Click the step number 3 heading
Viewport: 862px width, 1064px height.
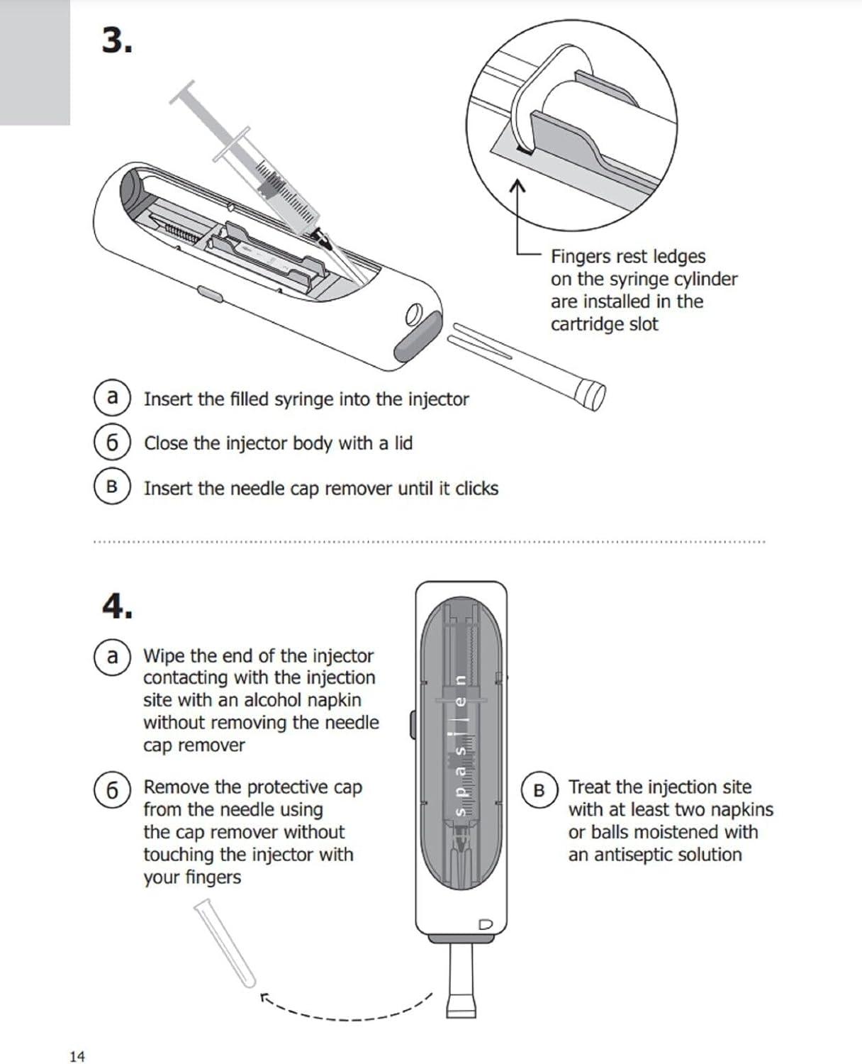click(x=116, y=41)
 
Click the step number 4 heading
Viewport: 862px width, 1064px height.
click(x=116, y=606)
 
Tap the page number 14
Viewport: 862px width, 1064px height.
click(x=77, y=1056)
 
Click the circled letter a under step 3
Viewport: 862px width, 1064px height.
click(x=111, y=397)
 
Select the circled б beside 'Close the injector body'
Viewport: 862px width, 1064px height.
click(x=111, y=443)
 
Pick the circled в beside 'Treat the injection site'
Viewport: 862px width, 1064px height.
click(x=539, y=789)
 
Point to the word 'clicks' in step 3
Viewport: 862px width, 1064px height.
click(x=476, y=489)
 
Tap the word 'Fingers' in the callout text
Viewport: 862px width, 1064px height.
click(x=578, y=256)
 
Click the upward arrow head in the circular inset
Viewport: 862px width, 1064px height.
click(x=517, y=186)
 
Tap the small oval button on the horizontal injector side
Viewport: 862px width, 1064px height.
click(x=208, y=293)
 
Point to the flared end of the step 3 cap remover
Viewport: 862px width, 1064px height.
click(x=590, y=394)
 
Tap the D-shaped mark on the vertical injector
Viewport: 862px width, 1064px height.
click(x=486, y=924)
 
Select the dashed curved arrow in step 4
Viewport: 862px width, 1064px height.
click(x=347, y=1016)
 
